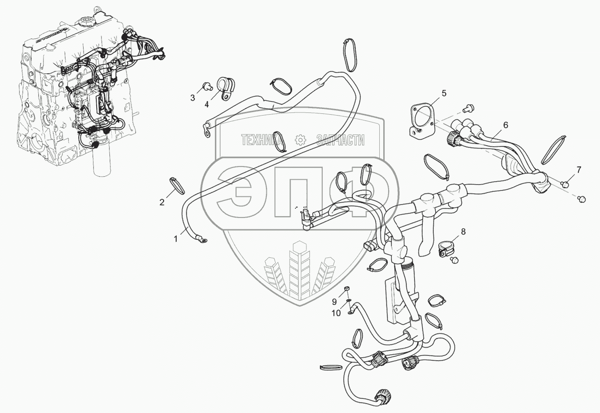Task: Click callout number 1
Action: click(176, 239)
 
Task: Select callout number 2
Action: click(162, 202)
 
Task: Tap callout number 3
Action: click(193, 98)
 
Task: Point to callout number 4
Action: click(207, 104)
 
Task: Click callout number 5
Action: click(444, 93)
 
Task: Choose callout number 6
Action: click(505, 125)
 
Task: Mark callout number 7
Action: click(579, 170)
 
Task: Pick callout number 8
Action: click(463, 232)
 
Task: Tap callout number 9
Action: click(334, 302)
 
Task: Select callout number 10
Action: click(336, 313)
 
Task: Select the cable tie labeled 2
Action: click(178, 185)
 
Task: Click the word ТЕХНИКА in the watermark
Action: click(262, 140)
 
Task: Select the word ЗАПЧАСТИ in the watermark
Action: click(340, 140)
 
